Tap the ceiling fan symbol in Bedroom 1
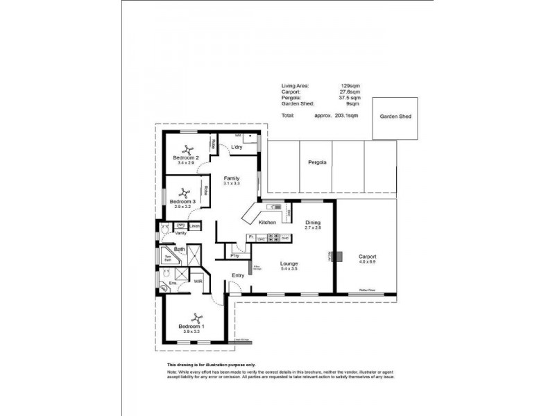pos(197,316)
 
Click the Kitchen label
pos(268,223)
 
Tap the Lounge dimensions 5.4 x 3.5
pos(289,269)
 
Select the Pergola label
pos(317,162)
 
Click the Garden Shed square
pos(395,116)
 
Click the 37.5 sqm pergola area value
pos(350,98)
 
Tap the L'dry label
pos(236,148)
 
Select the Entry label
pos(238,275)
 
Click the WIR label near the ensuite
pos(198,281)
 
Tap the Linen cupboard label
pos(195,226)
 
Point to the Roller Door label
pos(368,291)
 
